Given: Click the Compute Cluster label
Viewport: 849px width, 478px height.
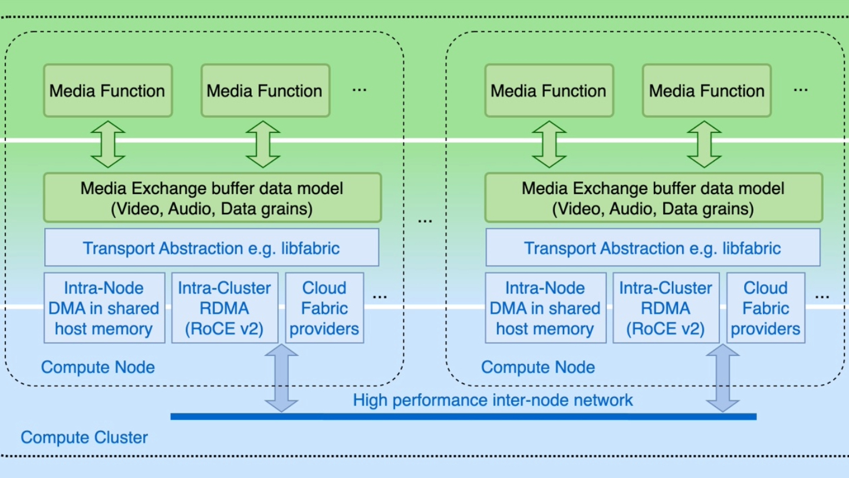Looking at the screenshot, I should click(84, 437).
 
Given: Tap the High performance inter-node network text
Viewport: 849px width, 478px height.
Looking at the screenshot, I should click(492, 400).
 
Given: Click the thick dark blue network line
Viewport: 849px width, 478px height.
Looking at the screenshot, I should click(463, 417).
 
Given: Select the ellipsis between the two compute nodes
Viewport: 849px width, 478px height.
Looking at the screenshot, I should click(424, 220).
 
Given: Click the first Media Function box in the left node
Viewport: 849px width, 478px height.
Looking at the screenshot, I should click(107, 91).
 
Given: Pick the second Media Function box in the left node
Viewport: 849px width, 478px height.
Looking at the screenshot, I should click(265, 91).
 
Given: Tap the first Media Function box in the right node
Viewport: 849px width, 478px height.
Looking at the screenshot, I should click(548, 91).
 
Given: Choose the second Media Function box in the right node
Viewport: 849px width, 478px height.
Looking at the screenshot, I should click(706, 91).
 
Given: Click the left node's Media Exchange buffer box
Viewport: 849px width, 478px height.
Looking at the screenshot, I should click(212, 198).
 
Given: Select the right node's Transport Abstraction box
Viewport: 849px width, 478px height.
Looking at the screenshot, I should click(653, 248).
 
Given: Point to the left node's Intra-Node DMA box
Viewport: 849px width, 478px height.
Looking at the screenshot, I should click(104, 308).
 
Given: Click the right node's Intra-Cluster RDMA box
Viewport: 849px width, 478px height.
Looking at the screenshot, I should click(666, 308).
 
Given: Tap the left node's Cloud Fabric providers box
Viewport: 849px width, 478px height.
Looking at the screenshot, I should click(324, 308).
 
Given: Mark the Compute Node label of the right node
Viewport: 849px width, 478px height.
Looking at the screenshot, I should click(538, 367).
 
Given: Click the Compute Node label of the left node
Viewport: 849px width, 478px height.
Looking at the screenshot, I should click(98, 367).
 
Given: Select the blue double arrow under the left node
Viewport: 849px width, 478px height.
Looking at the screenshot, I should click(281, 378).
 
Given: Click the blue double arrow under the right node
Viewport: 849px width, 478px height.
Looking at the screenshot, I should click(722, 378).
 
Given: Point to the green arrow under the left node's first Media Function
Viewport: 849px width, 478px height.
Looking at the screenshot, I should click(108, 145).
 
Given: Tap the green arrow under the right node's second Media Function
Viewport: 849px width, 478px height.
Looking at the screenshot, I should click(705, 145).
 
